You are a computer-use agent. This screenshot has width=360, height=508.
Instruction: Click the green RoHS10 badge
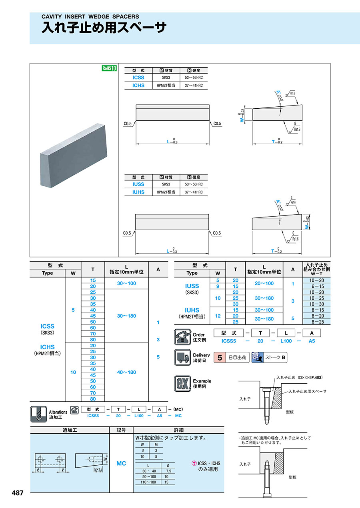(x=109, y=68)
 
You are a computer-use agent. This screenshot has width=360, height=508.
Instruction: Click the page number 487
(x=18, y=493)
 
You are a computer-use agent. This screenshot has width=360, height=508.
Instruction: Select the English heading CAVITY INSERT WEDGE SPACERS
(x=90, y=16)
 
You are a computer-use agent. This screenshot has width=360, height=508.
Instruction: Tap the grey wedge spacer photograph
(x=74, y=155)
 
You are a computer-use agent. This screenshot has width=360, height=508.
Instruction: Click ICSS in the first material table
(x=138, y=78)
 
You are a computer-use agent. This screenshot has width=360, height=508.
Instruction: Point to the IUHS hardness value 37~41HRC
(x=194, y=192)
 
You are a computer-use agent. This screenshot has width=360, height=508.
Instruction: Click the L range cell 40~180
(x=126, y=372)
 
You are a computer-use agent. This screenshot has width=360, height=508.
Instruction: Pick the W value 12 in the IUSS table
(x=218, y=316)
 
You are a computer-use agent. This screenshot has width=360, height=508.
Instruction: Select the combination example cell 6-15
(x=317, y=286)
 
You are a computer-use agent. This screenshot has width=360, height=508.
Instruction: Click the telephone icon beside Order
(x=182, y=337)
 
